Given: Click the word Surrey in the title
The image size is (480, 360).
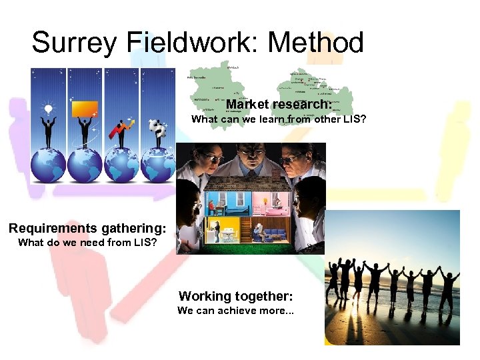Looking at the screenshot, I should point(74,43).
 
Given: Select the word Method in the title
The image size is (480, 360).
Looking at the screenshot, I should point(315,43).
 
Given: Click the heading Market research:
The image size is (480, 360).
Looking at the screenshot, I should point(279,105).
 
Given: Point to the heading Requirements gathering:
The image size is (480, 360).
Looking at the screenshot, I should point(87,229).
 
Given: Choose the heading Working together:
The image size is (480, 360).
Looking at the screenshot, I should point(235,296).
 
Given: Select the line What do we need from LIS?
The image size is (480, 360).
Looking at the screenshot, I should point(87,243).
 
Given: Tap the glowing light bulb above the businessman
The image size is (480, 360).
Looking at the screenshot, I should point(48,109).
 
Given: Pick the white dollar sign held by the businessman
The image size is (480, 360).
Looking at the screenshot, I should point(157,126).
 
